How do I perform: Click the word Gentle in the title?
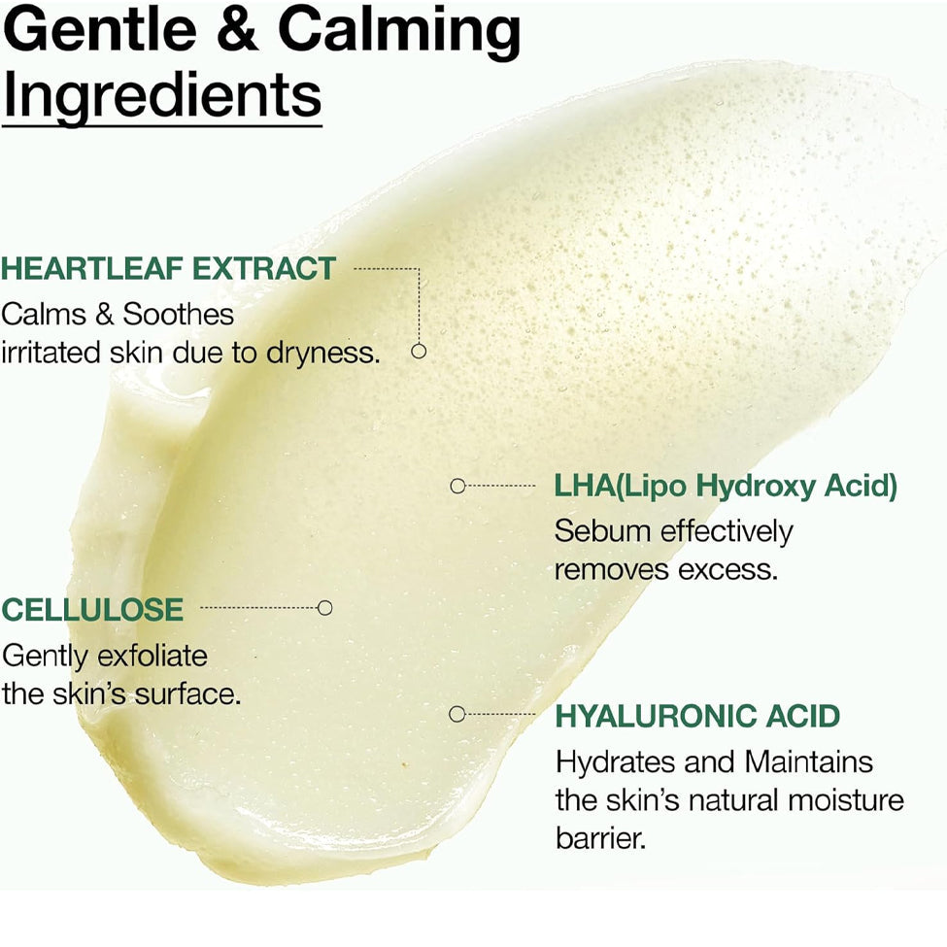pyautogui.click(x=100, y=29)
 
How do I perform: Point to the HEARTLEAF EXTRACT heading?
pyautogui.click(x=168, y=269)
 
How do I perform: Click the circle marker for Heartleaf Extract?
pyautogui.click(x=419, y=351)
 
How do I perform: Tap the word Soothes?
pyautogui.click(x=178, y=314)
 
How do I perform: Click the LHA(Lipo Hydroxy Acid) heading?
pyautogui.click(x=726, y=487)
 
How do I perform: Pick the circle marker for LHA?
pyautogui.click(x=457, y=486)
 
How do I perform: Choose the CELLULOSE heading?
pyautogui.click(x=92, y=609)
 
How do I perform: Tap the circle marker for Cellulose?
pyautogui.click(x=325, y=608)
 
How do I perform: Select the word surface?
pyautogui.click(x=187, y=694)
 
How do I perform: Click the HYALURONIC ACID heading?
pyautogui.click(x=697, y=716)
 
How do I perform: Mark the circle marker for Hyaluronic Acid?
pyautogui.click(x=457, y=714)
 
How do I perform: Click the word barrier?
pyautogui.click(x=601, y=838)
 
